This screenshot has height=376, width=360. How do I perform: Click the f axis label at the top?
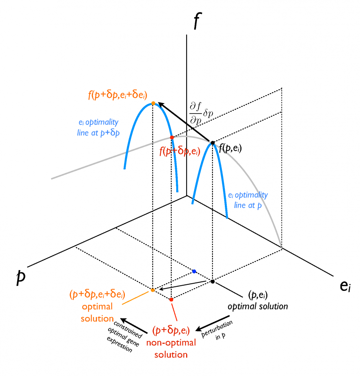(x=196, y=21)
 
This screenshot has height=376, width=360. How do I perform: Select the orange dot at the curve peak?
(x=153, y=103)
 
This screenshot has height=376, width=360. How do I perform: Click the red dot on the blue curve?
(x=172, y=137)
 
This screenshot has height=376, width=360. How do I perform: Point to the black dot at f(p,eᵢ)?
(x=213, y=143)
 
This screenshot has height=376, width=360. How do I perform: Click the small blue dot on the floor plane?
(x=194, y=271)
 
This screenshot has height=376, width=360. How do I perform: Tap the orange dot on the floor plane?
(x=152, y=290)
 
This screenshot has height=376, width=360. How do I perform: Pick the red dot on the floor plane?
(x=171, y=299)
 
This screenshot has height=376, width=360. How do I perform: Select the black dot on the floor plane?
(x=213, y=282)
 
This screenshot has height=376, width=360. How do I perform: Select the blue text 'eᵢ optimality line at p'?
(x=248, y=200)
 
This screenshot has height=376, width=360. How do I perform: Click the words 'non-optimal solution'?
(x=171, y=348)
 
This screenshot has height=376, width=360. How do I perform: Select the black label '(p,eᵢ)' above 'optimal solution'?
(x=258, y=295)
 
